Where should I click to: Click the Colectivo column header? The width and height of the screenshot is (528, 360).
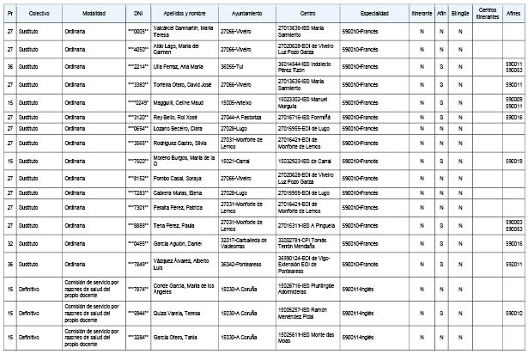(x=39, y=15)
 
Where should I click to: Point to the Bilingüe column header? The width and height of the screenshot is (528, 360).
(x=459, y=15)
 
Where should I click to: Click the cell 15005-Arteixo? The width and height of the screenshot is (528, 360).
(x=237, y=101)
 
